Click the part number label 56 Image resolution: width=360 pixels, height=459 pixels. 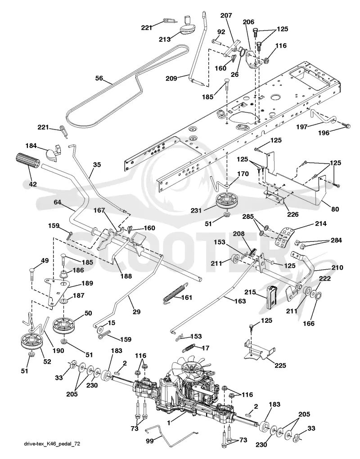pyautogui.click(x=99, y=78)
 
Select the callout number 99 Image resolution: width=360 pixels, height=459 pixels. pyautogui.click(x=150, y=441)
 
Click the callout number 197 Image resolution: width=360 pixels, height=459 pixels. pyautogui.click(x=301, y=126)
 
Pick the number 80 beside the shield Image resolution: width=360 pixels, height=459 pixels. pyautogui.click(x=335, y=209)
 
